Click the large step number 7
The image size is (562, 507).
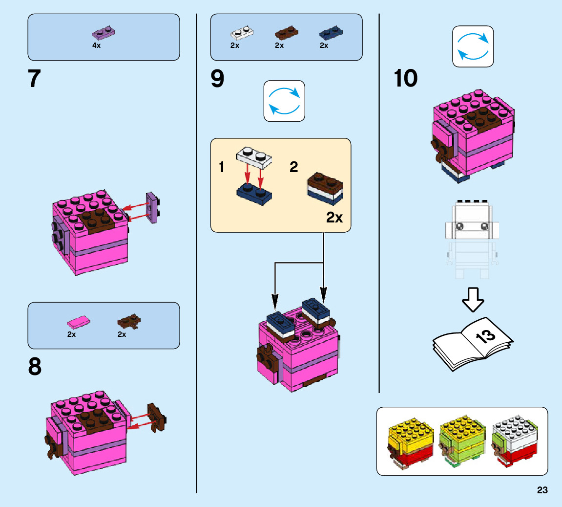pyautogui.click(x=34, y=79)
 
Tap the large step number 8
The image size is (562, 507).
pyautogui.click(x=35, y=367)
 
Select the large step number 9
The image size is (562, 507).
pyautogui.click(x=217, y=79)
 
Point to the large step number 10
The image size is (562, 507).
pyautogui.click(x=406, y=79)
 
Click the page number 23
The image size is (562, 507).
pyautogui.click(x=542, y=490)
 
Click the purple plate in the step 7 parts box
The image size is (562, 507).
pyautogui.click(x=104, y=33)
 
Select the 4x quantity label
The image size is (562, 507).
pyautogui.click(x=96, y=45)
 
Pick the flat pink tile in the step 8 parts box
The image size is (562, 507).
pyautogui.click(x=78, y=322)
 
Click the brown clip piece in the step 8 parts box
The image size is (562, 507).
pyautogui.click(x=129, y=322)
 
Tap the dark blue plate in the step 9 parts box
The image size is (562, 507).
pyautogui.click(x=331, y=33)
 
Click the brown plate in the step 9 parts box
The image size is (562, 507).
pyautogui.click(x=287, y=33)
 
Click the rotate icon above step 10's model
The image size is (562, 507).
pyautogui.click(x=473, y=46)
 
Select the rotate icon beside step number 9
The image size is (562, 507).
pyautogui.click(x=284, y=101)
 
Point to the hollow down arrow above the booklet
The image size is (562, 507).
pyautogui.click(x=473, y=299)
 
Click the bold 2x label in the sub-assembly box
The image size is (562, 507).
pyautogui.click(x=334, y=218)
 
